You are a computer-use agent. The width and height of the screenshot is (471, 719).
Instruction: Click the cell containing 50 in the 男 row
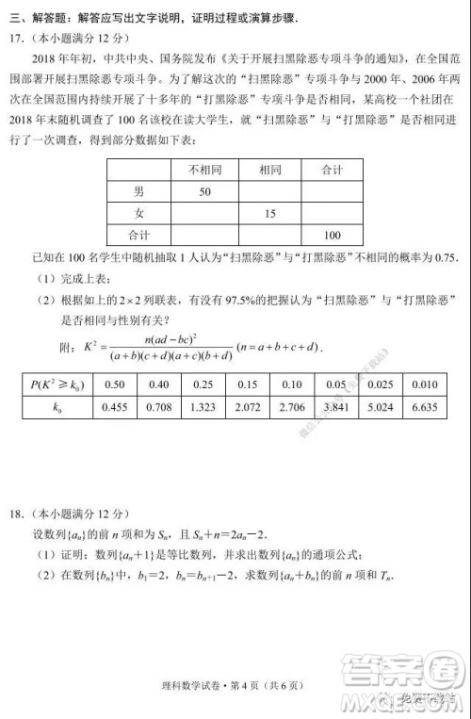(x=203, y=191)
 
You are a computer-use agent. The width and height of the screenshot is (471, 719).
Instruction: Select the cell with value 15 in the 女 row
(x=270, y=213)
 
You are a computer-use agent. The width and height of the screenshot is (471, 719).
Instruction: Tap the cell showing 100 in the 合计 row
(x=331, y=235)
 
